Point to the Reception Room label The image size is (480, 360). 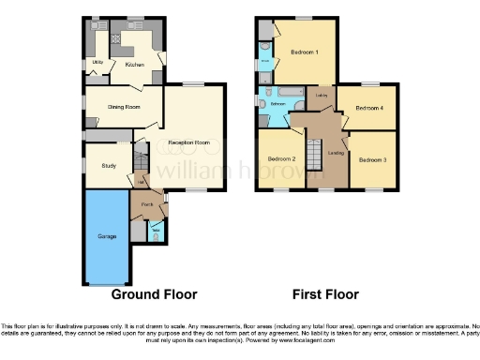point(187,142)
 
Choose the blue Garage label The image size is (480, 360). point(107,236)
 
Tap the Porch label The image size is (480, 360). point(147,204)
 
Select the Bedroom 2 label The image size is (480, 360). point(281,159)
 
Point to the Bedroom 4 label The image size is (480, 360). point(368,108)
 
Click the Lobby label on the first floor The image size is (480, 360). point(321,95)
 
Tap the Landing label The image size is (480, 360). point(336,152)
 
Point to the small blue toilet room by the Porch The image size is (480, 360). point(155,231)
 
